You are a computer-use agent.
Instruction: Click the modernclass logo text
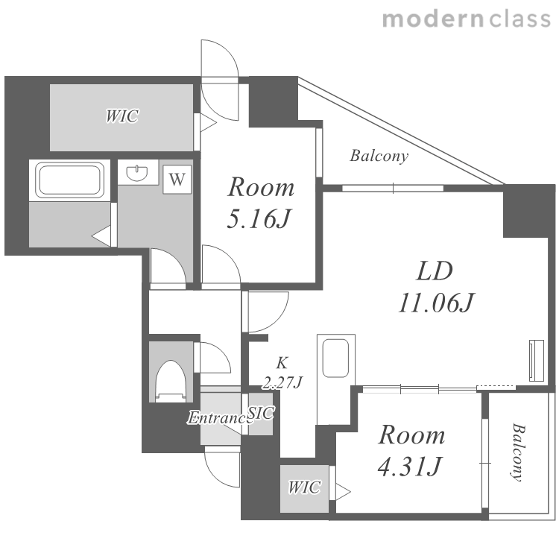pos(467,19)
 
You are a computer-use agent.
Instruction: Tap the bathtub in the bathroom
pos(69,180)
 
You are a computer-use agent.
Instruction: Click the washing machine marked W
pos(177,180)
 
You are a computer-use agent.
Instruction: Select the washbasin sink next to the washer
pos(137,173)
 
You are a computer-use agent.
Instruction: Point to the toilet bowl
pos(171,381)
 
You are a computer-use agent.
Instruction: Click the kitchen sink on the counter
pos(335,358)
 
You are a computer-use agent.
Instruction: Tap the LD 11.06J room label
pos(435,287)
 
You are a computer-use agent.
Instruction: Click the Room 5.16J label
pos(260,202)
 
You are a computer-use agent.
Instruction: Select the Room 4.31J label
pos(411,450)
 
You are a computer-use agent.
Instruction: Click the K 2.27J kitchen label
pos(282,373)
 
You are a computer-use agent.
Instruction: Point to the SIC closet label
pos(261,413)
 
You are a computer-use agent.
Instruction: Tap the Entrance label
pos(218,418)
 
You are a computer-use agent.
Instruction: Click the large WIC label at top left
pos(122,116)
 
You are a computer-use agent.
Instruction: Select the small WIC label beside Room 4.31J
pos(304,487)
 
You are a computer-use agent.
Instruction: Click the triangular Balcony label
pos(379,156)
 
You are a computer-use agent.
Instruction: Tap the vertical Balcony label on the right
pos(518,452)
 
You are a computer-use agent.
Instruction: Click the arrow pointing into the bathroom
pos(101,236)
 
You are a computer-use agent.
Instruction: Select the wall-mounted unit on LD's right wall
pos(537,361)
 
